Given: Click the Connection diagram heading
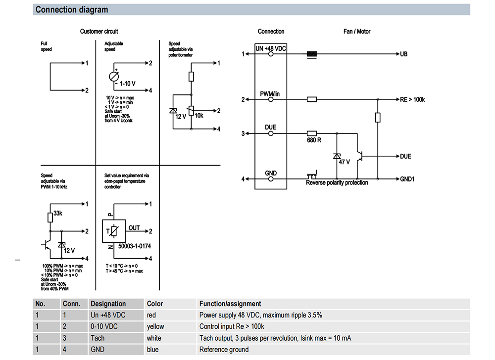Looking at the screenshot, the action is (72, 10).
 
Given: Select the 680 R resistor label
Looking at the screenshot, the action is (314, 140).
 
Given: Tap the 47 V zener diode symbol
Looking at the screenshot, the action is (337, 156).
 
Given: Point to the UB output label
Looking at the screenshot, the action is (404, 54).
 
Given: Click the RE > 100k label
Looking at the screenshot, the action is (412, 99).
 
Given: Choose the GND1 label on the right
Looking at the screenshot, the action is (407, 179).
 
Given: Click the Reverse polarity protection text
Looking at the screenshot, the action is (337, 182).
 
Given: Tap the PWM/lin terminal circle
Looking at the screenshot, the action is (271, 99).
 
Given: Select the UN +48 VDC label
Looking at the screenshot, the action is (271, 48).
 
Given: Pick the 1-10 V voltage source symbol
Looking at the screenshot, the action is (114, 76).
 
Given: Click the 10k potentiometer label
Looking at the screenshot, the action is (199, 116).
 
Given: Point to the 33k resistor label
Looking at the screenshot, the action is (58, 213).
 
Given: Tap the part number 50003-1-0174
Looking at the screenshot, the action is (135, 246).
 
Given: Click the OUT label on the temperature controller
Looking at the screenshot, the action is (134, 228).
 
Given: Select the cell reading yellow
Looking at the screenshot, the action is (155, 326).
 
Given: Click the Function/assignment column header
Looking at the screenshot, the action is (230, 304).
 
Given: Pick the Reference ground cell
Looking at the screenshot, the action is (224, 349).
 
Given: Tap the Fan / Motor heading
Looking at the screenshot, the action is (357, 31).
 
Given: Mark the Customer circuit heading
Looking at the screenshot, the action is (99, 31).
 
